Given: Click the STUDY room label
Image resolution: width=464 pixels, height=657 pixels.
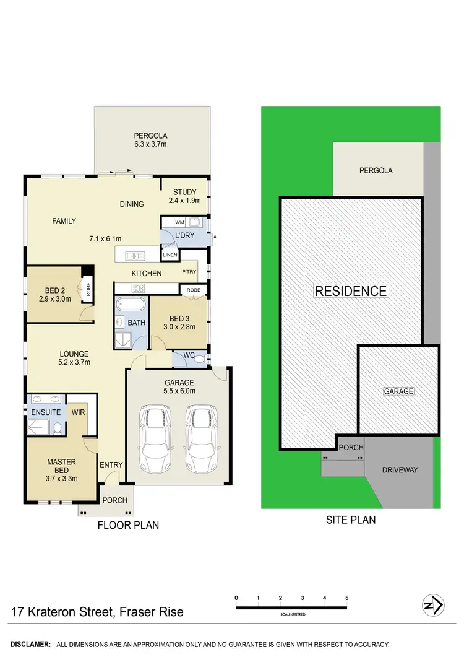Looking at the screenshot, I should tap(184, 192).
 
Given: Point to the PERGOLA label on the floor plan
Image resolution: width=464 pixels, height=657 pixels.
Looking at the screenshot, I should tap(151, 136).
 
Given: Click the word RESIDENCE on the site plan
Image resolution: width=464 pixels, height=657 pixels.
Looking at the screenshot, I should tap(351, 291).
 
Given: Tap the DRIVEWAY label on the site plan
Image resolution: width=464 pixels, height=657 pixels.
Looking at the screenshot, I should tap(400, 470).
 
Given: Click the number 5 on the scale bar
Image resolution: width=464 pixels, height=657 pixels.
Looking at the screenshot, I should tap(347, 598).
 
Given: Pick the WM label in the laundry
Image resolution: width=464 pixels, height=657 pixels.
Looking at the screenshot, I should tap(179, 222).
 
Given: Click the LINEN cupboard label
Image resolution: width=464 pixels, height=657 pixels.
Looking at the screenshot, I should tap(170, 255).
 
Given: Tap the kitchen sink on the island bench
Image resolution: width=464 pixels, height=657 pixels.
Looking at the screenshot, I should tap(134, 255).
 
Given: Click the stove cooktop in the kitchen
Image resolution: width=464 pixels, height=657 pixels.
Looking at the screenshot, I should tap(137, 287).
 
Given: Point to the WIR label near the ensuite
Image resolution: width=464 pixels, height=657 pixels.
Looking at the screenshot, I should tap(78, 411).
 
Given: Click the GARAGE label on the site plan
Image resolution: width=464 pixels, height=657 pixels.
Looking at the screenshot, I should tap(399, 391).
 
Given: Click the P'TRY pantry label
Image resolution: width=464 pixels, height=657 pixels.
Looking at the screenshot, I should tap(189, 272).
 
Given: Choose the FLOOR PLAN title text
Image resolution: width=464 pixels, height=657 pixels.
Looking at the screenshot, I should tap(128, 525).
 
